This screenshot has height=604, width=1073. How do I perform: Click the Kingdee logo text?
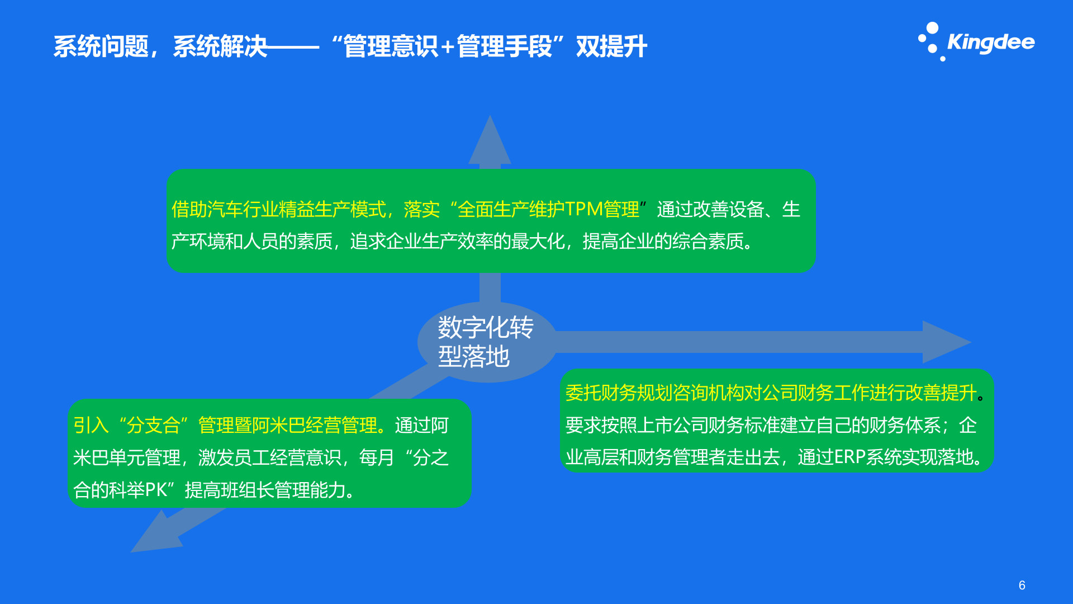click(x=991, y=43)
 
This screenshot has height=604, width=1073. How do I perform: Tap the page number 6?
click(x=1022, y=585)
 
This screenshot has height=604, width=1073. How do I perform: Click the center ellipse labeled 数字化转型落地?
click(x=486, y=342)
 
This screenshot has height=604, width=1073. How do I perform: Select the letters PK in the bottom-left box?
click(x=156, y=490)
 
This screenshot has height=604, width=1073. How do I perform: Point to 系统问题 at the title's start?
click(x=101, y=46)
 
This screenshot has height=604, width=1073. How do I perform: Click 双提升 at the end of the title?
click(x=611, y=46)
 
